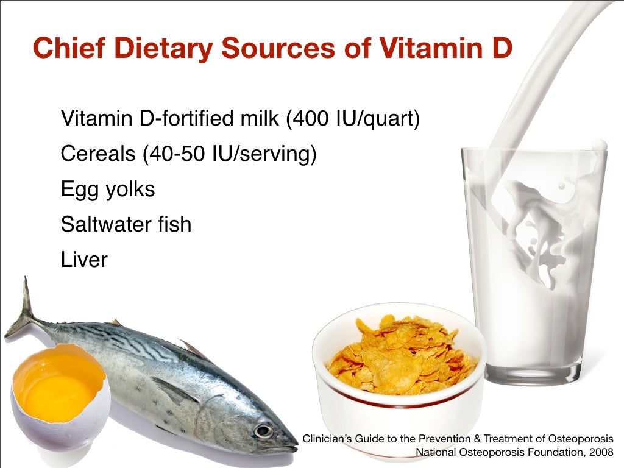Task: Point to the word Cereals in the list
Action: [98, 154]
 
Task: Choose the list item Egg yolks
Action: [108, 190]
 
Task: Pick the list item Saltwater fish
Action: [126, 225]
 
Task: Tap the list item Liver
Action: [84, 260]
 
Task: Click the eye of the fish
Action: [263, 431]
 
